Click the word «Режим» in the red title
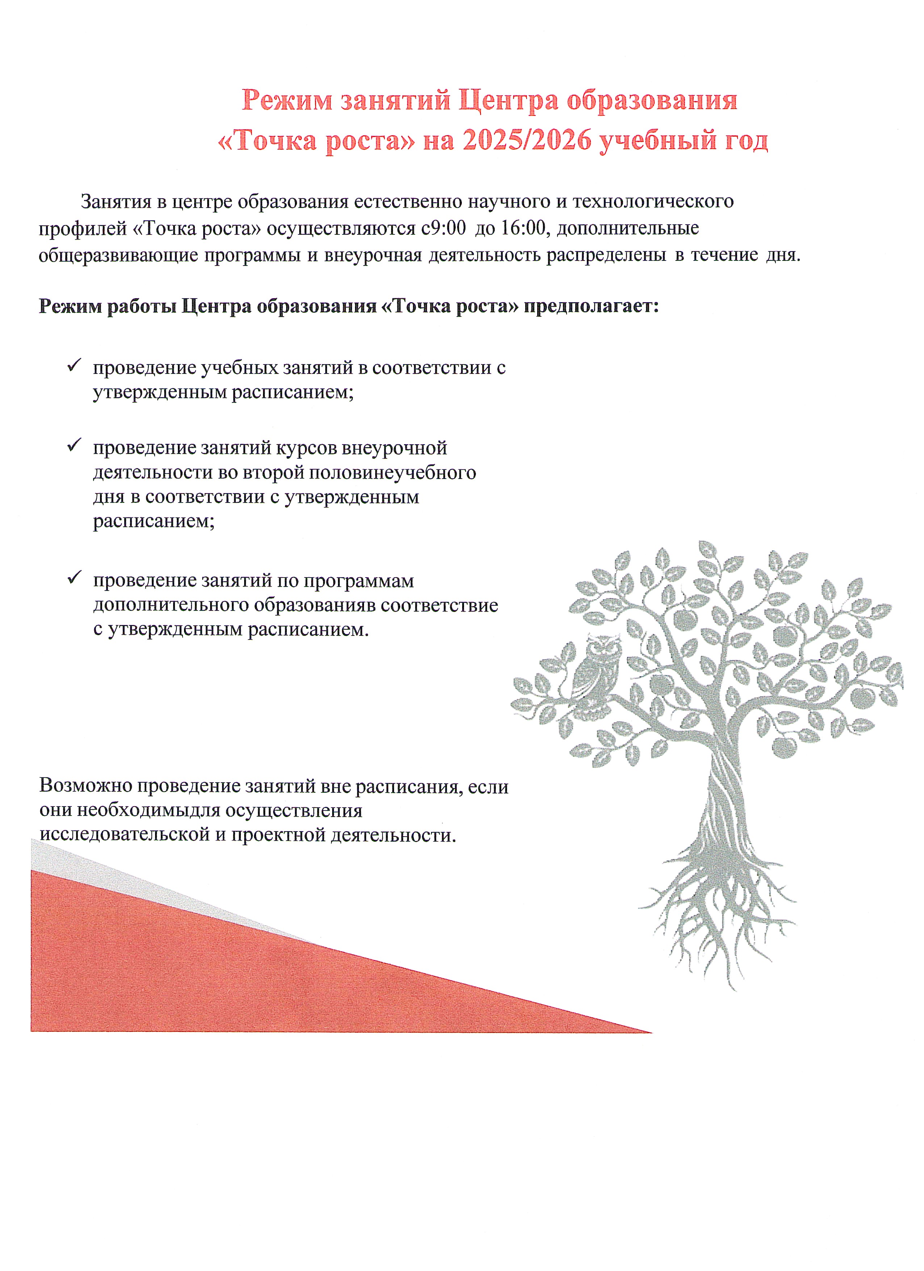[287, 101]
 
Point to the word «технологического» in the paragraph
[653, 201]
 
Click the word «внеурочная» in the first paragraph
[373, 255]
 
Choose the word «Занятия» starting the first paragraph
[116, 201]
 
